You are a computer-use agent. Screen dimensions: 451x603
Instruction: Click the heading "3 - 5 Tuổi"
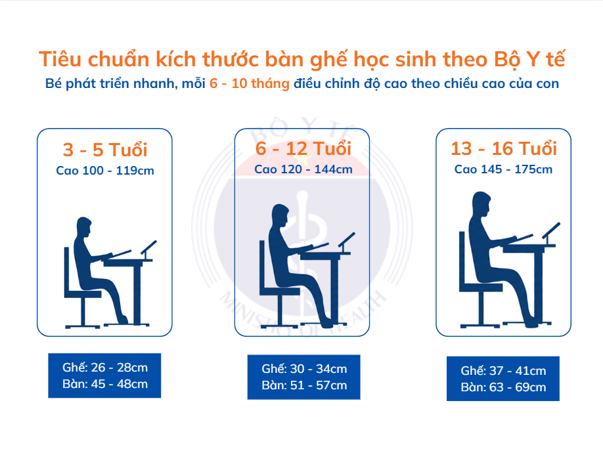pos(104,150)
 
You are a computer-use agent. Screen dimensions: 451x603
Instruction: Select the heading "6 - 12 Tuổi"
pos(303,148)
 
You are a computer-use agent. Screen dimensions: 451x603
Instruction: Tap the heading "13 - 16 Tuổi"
pos(503,148)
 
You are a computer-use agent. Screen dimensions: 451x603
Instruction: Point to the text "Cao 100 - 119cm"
pos(104,171)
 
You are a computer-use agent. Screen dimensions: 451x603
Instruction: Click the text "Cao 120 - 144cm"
pos(303,169)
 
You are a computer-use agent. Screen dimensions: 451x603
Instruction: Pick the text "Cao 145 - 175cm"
pos(503,169)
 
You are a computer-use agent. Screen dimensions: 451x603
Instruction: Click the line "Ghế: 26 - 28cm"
pos(104,368)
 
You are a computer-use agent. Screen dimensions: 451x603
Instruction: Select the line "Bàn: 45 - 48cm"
pos(104,384)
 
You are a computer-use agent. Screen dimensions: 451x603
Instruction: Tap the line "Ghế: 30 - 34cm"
pos(303,369)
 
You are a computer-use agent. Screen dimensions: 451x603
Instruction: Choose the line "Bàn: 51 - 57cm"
pos(303,385)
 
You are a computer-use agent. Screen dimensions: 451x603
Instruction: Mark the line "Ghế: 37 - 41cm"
pos(503,371)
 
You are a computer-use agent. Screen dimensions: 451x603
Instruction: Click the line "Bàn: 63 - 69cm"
pos(503,387)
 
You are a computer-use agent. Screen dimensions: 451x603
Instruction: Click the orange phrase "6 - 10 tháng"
pos(250,84)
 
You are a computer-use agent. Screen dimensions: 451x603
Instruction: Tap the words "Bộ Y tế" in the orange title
pos(529,58)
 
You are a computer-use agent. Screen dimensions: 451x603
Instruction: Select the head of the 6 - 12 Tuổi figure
pos(280,214)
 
